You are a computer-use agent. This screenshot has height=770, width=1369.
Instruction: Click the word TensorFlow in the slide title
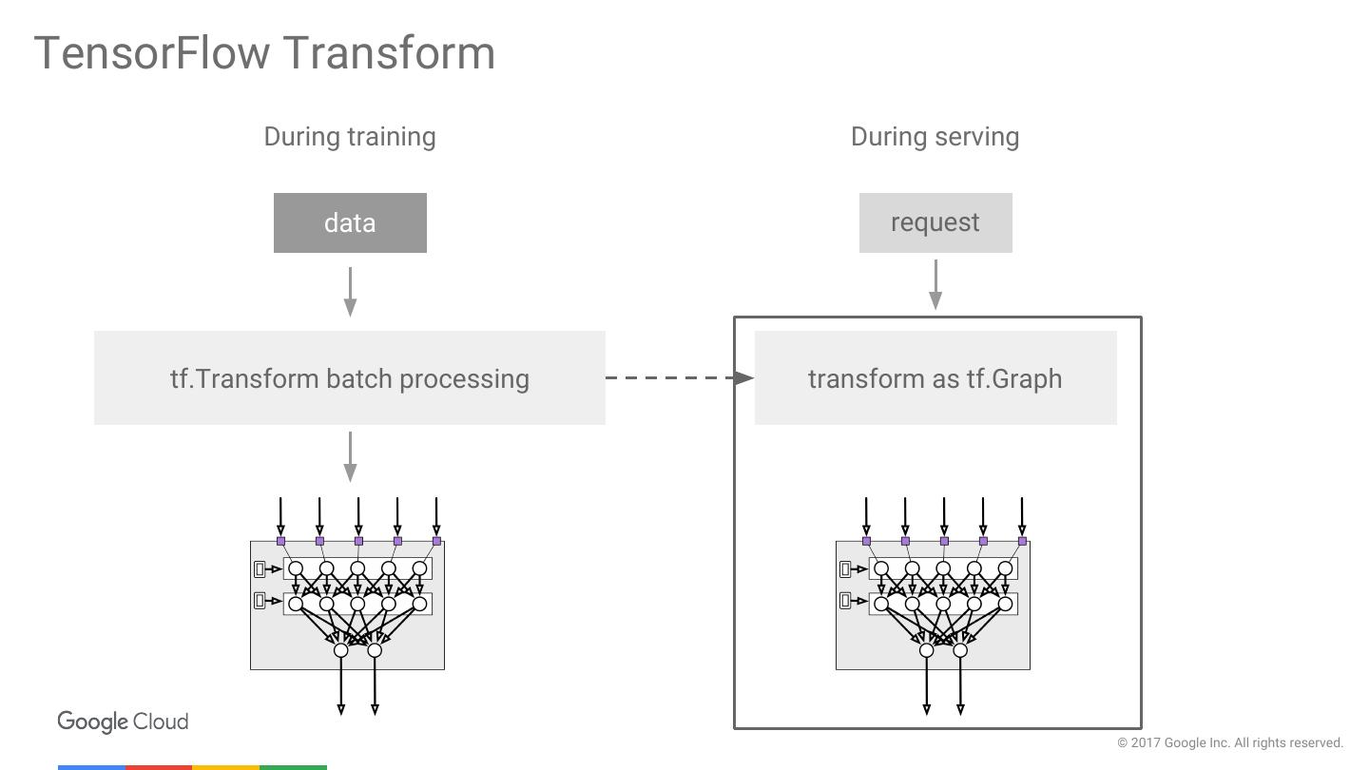151,52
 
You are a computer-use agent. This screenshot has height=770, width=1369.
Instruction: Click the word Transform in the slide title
390,52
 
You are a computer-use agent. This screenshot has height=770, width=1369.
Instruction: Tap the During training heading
350,137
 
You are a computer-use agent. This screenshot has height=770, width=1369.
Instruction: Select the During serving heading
935,137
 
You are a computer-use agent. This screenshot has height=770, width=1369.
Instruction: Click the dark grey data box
350,223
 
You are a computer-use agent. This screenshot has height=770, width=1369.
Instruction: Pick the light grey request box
935,223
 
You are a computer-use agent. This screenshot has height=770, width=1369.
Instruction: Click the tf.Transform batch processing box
350,377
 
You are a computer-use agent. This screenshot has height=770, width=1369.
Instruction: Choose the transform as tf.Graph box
935,377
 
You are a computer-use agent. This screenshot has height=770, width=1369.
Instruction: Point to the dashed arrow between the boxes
680,377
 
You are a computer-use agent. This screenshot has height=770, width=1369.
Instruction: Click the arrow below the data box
350,292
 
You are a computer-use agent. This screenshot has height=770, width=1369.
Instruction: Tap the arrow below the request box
935,285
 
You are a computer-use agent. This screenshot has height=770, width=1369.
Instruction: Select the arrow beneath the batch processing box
350,456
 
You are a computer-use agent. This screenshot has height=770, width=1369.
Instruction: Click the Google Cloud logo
123,722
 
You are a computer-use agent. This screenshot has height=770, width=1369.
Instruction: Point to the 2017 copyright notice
1230,742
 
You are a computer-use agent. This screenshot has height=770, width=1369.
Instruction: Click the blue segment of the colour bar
91,767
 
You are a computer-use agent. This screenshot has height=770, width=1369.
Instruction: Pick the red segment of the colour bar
159,767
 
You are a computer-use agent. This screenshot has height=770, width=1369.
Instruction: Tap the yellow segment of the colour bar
226,767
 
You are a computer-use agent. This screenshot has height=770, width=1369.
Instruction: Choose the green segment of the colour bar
294,767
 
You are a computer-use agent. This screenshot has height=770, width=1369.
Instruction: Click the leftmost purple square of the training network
281,542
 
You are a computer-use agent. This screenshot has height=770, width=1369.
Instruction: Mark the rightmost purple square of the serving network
1023,542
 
